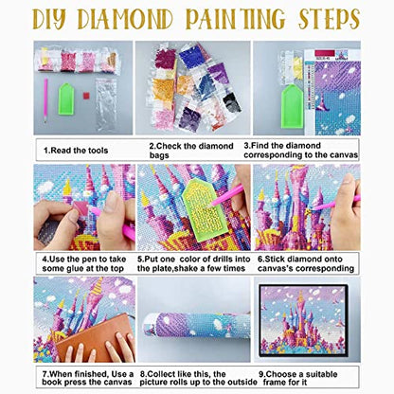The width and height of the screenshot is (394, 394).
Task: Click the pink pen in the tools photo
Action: click(x=45, y=100)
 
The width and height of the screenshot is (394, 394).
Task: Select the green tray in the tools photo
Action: click(x=66, y=98)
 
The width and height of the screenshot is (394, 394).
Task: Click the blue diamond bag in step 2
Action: click(x=191, y=57)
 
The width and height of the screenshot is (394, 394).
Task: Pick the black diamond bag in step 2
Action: click(x=232, y=102)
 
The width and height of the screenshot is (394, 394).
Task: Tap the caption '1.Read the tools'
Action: click(x=76, y=151)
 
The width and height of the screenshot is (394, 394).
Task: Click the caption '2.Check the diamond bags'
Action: click(x=191, y=151)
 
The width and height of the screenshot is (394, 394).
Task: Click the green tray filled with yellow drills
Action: click(x=202, y=209)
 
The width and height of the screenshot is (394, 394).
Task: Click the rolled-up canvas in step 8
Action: click(x=196, y=325)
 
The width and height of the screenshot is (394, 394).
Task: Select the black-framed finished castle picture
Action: click(x=303, y=321)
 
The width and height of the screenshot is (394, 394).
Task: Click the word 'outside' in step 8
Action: click(x=242, y=383)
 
